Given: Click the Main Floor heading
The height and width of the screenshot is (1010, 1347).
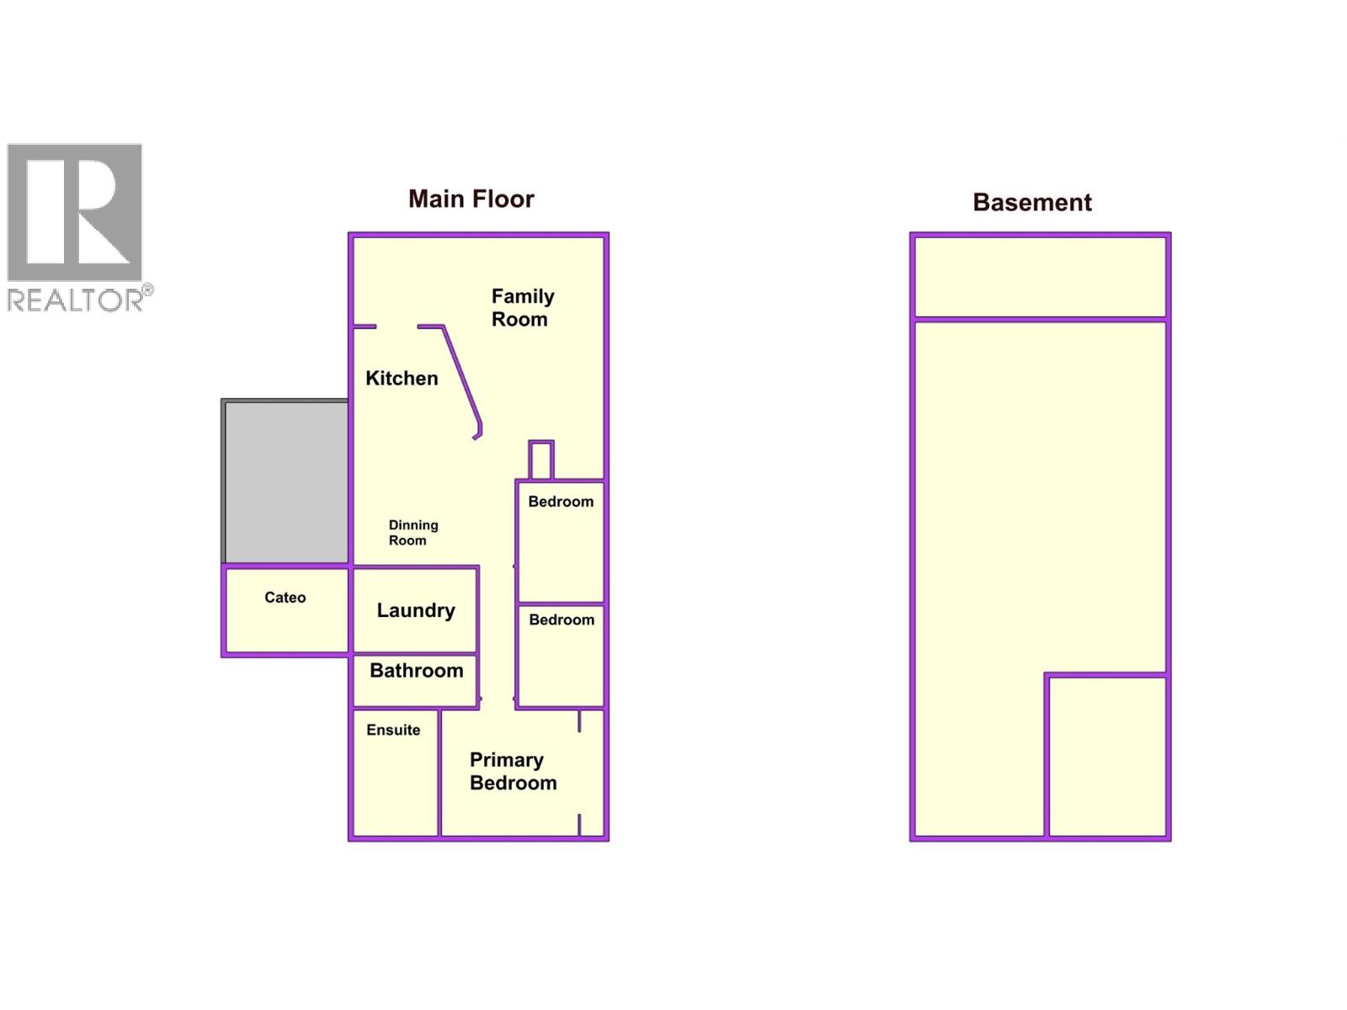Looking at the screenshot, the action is click(x=471, y=199).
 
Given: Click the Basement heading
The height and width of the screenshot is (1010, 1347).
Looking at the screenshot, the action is click(x=1031, y=202).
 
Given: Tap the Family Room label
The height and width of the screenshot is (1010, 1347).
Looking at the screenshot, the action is click(x=522, y=307).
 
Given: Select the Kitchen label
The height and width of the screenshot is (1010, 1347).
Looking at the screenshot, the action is click(x=402, y=378).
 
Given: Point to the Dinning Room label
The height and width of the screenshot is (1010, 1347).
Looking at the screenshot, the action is click(x=413, y=532).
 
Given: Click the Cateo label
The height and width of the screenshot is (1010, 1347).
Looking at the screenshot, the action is click(x=285, y=598).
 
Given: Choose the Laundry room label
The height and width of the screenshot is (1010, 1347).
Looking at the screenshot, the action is click(x=415, y=611).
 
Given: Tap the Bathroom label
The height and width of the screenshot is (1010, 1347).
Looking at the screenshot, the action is click(x=416, y=670).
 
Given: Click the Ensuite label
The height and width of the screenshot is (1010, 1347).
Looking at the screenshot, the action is click(x=393, y=730).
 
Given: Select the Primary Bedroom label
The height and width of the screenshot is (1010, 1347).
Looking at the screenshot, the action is click(x=513, y=772).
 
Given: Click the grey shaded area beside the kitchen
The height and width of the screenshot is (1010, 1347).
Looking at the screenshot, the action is click(x=285, y=481).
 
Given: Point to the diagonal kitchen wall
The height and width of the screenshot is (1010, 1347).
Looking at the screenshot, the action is click(x=461, y=380).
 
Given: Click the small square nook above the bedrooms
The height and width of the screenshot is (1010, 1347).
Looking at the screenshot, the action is click(x=540, y=460).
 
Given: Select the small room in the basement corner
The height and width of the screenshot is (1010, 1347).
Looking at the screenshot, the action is click(x=1106, y=756).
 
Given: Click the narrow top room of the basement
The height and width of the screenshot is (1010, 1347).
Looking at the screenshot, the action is click(x=1041, y=277).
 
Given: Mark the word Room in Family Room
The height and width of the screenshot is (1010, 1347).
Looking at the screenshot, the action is click(x=519, y=319).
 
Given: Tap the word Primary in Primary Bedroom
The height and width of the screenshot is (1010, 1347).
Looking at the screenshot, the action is click(x=506, y=760).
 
